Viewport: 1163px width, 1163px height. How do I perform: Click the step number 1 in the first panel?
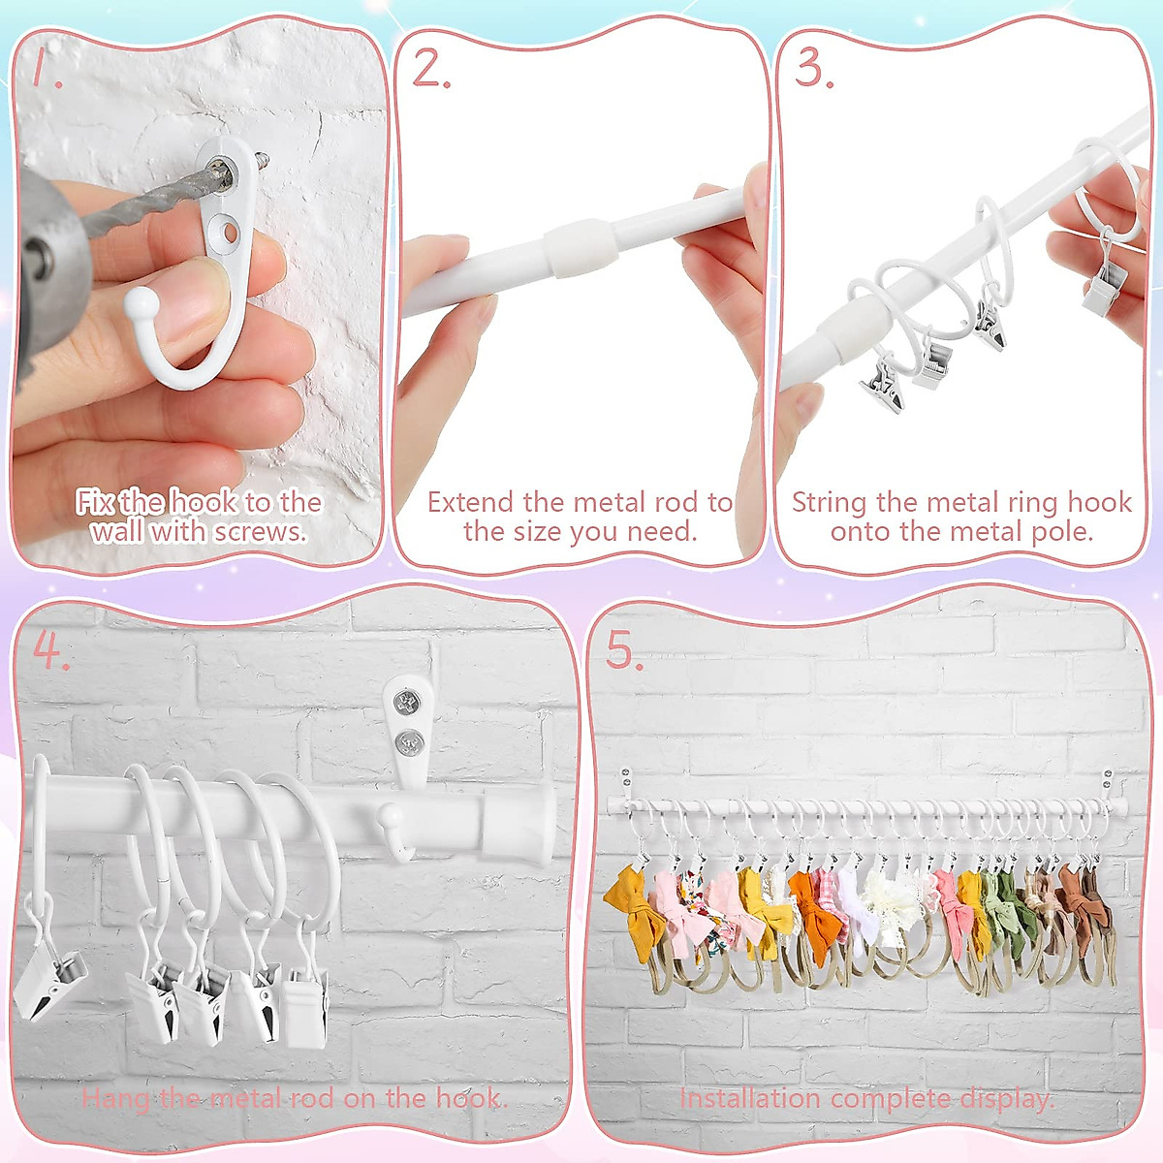(45, 69)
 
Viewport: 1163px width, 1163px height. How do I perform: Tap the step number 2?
(431, 69)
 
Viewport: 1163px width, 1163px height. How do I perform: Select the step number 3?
(813, 69)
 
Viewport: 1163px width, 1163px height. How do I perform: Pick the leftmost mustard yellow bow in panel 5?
(629, 899)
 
